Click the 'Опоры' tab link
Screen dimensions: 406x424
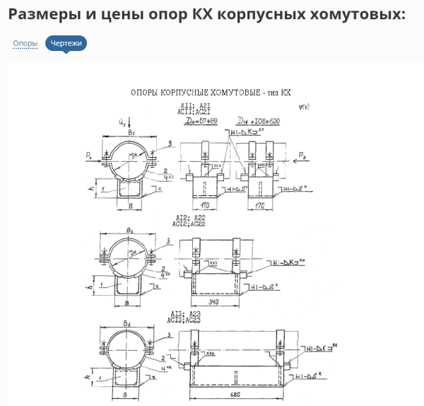[x=25, y=44]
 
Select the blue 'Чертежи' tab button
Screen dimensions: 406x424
[x=66, y=44]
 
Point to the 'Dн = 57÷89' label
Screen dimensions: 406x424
[x=200, y=122]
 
